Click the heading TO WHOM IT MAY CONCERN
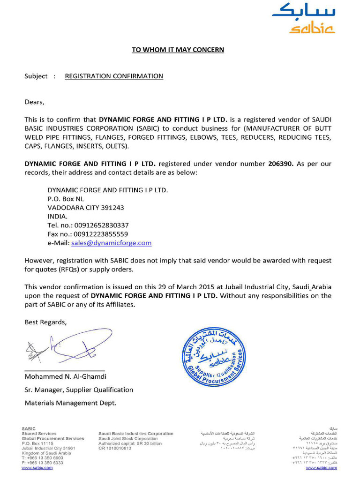click(x=178, y=50)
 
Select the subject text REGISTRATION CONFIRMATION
click(x=114, y=76)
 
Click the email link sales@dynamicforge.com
click(x=111, y=243)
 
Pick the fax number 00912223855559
click(x=101, y=234)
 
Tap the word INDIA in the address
click(x=58, y=217)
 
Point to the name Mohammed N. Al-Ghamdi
click(x=66, y=376)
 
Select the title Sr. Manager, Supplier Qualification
click(x=79, y=390)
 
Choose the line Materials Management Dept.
click(x=70, y=403)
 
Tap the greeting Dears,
click(x=35, y=101)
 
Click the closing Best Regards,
click(x=45, y=322)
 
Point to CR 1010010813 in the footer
click(x=115, y=448)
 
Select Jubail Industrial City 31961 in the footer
click(x=48, y=448)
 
